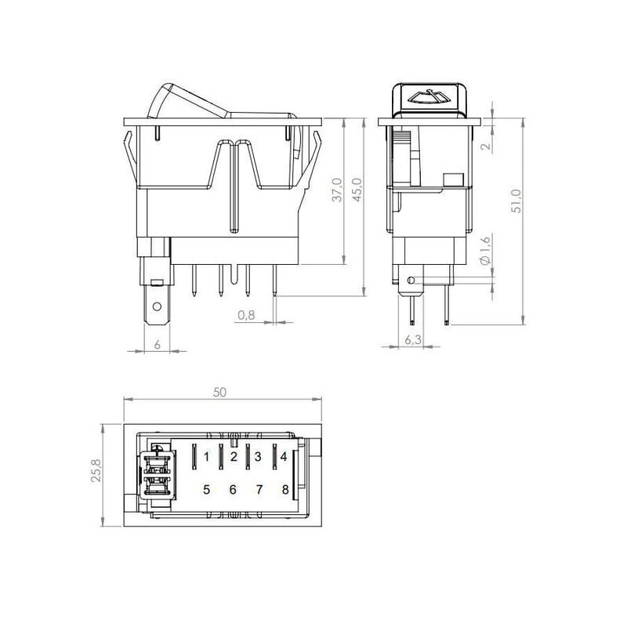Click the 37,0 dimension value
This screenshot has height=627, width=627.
click(338, 190)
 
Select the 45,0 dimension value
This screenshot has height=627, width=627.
click(357, 190)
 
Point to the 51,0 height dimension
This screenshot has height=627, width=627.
click(517, 201)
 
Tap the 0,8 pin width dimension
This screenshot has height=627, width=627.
click(246, 315)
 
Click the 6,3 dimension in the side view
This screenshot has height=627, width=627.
click(413, 340)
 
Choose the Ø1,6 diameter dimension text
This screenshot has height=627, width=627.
click(484, 251)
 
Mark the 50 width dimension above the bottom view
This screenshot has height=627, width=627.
click(219, 393)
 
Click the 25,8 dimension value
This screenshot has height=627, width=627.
click(96, 469)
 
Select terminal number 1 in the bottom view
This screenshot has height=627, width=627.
click(206, 457)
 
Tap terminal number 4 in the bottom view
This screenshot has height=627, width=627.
click(284, 457)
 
